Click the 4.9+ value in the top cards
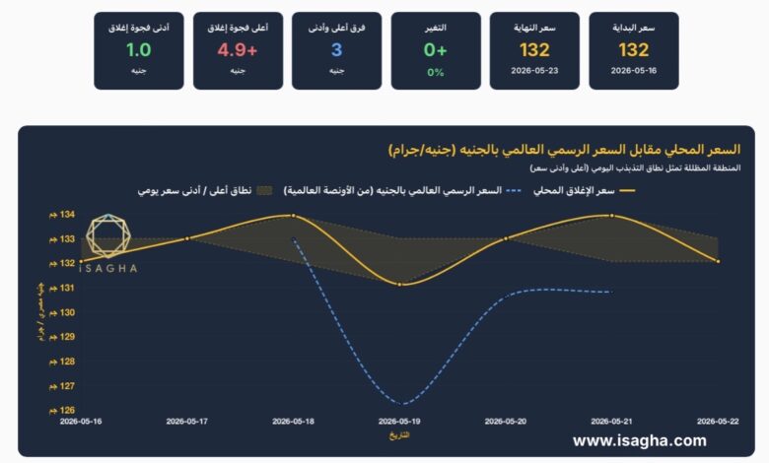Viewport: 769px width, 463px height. (238, 50)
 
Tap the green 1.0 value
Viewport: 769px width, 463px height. (139, 50)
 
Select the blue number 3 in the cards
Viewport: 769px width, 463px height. (336, 50)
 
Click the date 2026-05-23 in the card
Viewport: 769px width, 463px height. (534, 71)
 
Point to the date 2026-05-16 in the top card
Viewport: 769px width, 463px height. (634, 71)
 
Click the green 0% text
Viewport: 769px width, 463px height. (436, 73)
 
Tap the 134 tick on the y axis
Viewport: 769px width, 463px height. (62, 215)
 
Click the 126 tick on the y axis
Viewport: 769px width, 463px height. (62, 410)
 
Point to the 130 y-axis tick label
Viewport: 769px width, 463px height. (62, 312)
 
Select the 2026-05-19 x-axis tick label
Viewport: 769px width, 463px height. (399, 422)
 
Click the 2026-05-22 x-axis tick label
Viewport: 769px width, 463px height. (718, 422)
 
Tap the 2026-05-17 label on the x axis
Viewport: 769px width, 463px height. (187, 422)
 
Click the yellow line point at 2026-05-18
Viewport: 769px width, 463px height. (293, 215)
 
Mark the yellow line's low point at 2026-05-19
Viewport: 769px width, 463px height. (399, 284)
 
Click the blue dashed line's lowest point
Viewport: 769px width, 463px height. (402, 404)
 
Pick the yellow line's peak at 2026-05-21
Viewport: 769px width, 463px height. (611, 215)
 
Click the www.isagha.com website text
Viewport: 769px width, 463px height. (640, 440)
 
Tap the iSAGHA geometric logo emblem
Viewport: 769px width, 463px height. (108, 236)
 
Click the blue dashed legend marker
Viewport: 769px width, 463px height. (514, 190)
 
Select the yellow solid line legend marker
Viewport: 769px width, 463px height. (627, 190)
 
